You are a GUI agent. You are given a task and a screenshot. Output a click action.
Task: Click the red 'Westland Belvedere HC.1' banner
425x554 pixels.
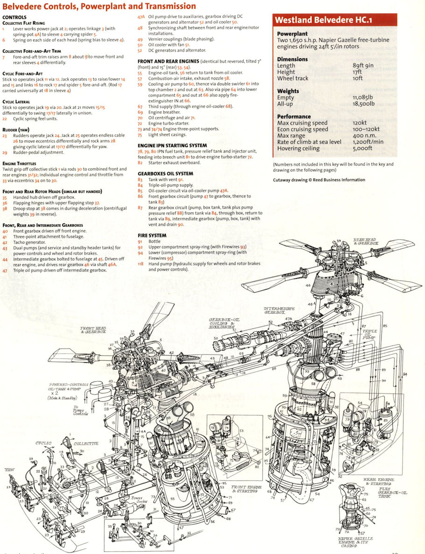[334, 20]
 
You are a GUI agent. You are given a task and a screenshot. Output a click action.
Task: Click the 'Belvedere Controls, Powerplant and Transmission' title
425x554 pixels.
[99, 6]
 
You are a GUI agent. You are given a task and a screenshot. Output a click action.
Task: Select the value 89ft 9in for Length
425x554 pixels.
[363, 66]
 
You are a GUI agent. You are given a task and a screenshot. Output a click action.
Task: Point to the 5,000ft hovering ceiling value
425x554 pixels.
[362, 148]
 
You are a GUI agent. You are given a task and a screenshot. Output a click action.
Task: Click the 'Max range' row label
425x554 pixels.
[292, 135]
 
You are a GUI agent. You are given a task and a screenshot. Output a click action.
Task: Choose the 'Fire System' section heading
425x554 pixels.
[152, 235]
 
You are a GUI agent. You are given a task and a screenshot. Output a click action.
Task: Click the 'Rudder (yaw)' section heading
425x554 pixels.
[17, 130]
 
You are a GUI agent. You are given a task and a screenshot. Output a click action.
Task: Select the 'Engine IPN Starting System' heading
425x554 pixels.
[172, 146]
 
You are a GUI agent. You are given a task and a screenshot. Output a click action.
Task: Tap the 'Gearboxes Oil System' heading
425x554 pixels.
[165, 174]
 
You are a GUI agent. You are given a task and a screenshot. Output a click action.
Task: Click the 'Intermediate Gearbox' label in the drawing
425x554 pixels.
[280, 311]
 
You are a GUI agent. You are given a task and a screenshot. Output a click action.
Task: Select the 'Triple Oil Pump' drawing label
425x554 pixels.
[369, 334]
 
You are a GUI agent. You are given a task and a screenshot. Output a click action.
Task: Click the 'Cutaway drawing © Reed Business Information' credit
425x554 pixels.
[319, 180]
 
